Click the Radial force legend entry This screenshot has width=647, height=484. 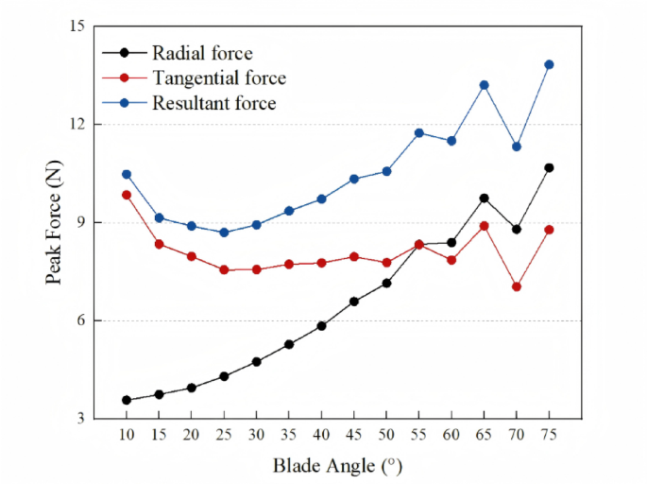click(202, 53)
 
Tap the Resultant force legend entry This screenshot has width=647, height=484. click(213, 103)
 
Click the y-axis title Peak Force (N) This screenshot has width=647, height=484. click(55, 222)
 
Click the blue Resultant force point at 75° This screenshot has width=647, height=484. click(549, 64)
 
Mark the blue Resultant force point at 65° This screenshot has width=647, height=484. click(484, 85)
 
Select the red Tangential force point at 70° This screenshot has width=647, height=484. click(517, 286)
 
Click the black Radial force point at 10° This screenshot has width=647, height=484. click(127, 400)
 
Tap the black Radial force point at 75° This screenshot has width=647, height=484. click(549, 167)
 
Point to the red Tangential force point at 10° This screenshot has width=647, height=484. click(127, 195)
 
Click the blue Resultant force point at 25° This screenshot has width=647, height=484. click(224, 233)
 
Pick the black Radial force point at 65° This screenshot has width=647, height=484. click(484, 199)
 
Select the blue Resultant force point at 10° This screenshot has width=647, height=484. click(127, 174)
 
